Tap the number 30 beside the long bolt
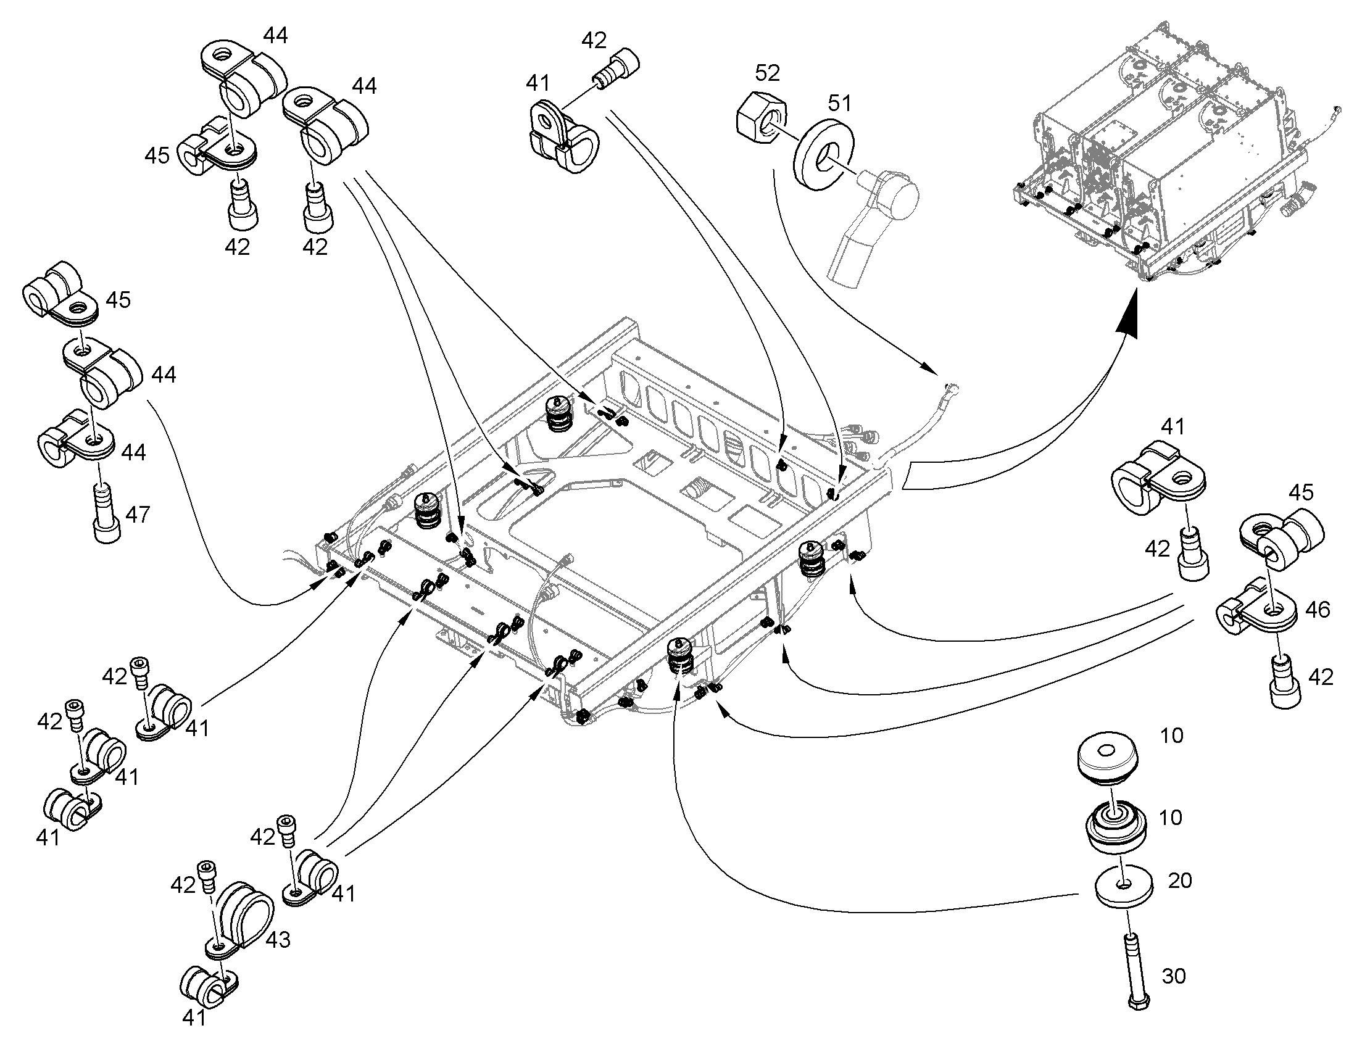pos(1174,976)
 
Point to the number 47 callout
pos(138,514)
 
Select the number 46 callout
pos(1317,610)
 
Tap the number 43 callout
pos(278,940)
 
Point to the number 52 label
pos(767,73)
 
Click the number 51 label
pos(839,102)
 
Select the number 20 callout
pos(1179,880)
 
